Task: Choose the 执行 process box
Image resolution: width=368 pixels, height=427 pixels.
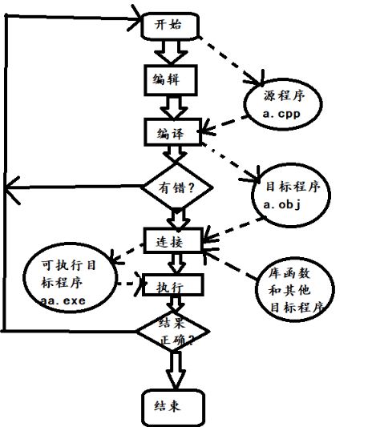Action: (172, 284)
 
